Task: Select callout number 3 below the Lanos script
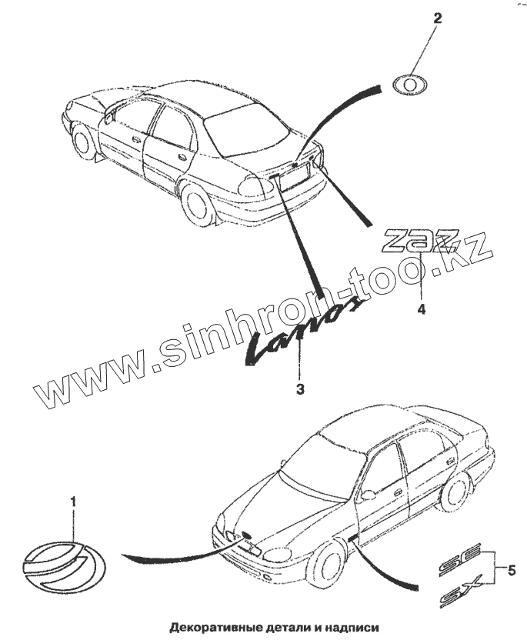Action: (x=299, y=388)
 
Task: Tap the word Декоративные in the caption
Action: (x=212, y=627)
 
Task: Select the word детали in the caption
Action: (x=292, y=627)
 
